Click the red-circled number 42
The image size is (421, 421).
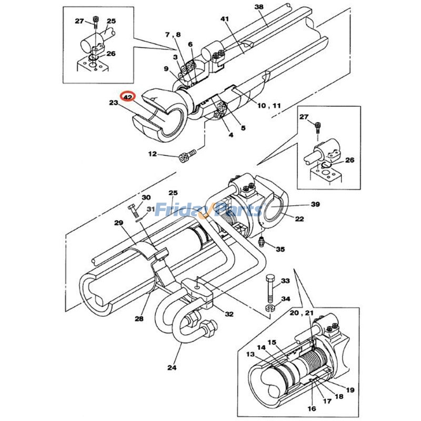click(x=128, y=97)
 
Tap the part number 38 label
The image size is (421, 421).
click(x=258, y=7)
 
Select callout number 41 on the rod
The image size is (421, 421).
click(x=225, y=19)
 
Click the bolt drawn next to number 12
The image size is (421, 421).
click(x=187, y=156)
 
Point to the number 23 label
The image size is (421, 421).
click(x=114, y=103)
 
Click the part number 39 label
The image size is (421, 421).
click(x=315, y=204)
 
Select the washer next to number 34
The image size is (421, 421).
click(x=269, y=307)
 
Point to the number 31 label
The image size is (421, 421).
click(x=151, y=209)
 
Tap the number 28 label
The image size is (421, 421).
click(x=139, y=319)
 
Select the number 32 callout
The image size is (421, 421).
click(x=229, y=314)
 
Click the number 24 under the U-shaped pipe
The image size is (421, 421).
click(x=173, y=368)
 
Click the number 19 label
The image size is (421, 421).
click(x=350, y=390)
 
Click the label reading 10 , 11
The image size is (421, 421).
click(x=269, y=106)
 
